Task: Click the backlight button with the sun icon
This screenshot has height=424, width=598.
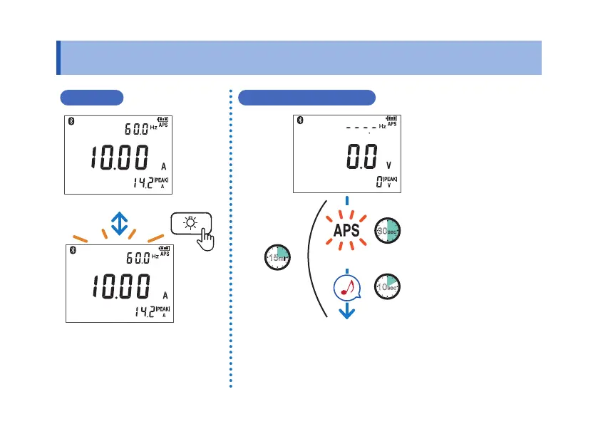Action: point(190,222)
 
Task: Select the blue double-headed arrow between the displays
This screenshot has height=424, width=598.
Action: point(119,222)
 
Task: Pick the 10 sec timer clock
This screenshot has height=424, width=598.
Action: point(388,286)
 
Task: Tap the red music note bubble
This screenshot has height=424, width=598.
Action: point(346,288)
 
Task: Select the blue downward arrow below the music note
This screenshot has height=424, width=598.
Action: point(346,311)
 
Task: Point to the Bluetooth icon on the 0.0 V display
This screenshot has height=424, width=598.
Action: point(300,119)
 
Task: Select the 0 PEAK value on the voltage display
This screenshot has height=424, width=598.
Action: point(378,182)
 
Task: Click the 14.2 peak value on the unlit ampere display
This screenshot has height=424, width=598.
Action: point(141,183)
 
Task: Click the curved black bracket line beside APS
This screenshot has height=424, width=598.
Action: point(309,260)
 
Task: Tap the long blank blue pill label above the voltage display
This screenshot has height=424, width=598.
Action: point(307,98)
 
